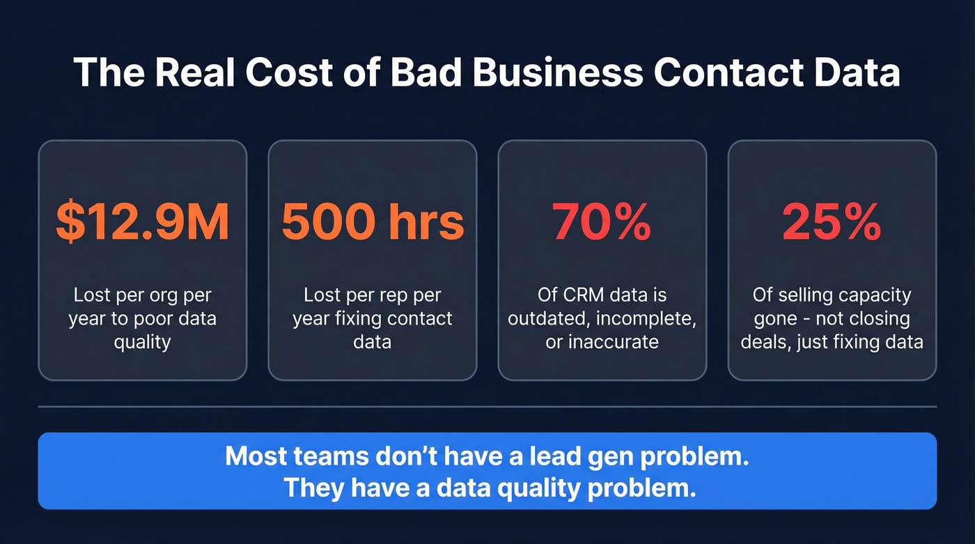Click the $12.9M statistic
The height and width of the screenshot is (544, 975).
coord(142,222)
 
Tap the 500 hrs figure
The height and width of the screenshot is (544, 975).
coord(373,222)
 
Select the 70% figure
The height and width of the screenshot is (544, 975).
coord(602,222)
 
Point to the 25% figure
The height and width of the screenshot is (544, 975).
coord(832,222)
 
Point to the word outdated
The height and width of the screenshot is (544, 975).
coord(547,319)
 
